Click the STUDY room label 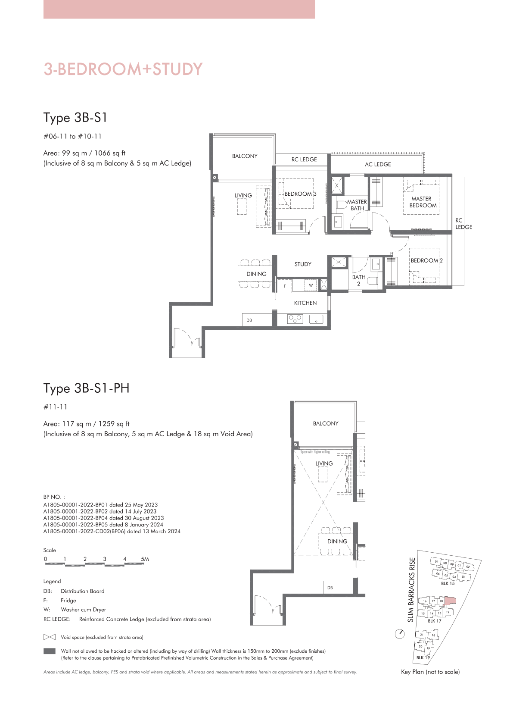click(303, 264)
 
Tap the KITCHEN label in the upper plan click(305, 303)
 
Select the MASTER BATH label click(357, 205)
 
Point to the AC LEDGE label click(378, 164)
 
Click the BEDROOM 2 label click(426, 260)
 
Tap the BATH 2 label click(358, 280)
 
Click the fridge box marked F click(285, 286)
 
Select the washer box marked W click(311, 285)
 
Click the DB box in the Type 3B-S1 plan click(257, 320)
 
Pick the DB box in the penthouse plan click(338, 588)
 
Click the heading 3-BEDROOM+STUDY click(123, 69)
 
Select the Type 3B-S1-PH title click(86, 388)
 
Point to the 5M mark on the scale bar click(145, 559)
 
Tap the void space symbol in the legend click(49, 637)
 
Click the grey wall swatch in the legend click(49, 651)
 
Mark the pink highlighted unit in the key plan click(450, 601)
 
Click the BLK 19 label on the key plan click(423, 657)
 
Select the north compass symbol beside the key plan click(400, 634)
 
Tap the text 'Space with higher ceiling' click(315, 452)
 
